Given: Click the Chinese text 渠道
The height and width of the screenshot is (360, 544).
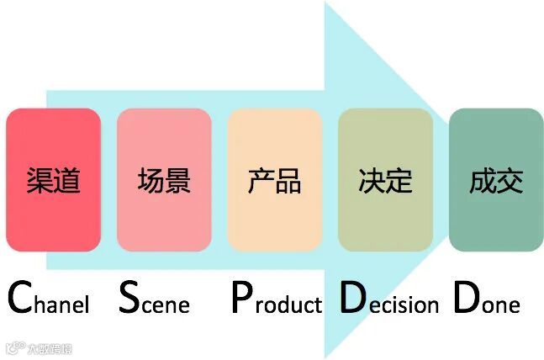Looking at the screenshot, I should [x=53, y=180].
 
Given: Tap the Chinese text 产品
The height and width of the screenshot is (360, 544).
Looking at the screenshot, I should [x=274, y=180].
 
